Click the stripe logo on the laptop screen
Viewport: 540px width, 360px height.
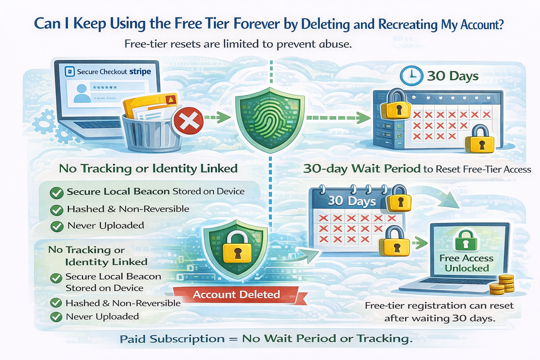(x=140, y=71)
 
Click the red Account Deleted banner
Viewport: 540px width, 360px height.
(x=236, y=295)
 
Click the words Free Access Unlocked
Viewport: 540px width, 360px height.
(x=467, y=263)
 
